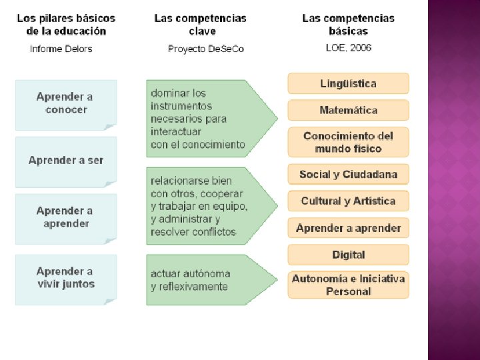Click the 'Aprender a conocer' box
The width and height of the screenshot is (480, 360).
point(66,104)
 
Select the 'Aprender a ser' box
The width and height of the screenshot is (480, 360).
point(66,161)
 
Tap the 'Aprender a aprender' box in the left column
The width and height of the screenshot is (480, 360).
point(66,217)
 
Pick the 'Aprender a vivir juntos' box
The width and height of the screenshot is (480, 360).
point(66,278)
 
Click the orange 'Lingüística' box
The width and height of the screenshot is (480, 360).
point(348,83)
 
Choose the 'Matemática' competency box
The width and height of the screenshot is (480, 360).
point(348,110)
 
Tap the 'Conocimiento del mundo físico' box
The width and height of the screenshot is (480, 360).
point(348,142)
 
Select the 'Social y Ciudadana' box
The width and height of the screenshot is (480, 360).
point(348,175)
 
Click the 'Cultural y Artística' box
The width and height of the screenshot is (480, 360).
point(348,201)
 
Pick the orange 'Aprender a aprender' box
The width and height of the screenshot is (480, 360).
point(348,228)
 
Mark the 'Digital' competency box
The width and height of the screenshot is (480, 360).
point(348,255)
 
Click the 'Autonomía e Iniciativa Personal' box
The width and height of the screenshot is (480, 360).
point(348,285)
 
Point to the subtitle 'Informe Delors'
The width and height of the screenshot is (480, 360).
point(61,49)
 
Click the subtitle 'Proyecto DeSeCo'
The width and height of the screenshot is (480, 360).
point(206,49)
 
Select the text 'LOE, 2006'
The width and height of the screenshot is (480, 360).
point(348,47)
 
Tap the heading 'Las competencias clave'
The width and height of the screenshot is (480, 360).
point(200,25)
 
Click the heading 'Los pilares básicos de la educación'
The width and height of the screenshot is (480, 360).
point(66,25)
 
